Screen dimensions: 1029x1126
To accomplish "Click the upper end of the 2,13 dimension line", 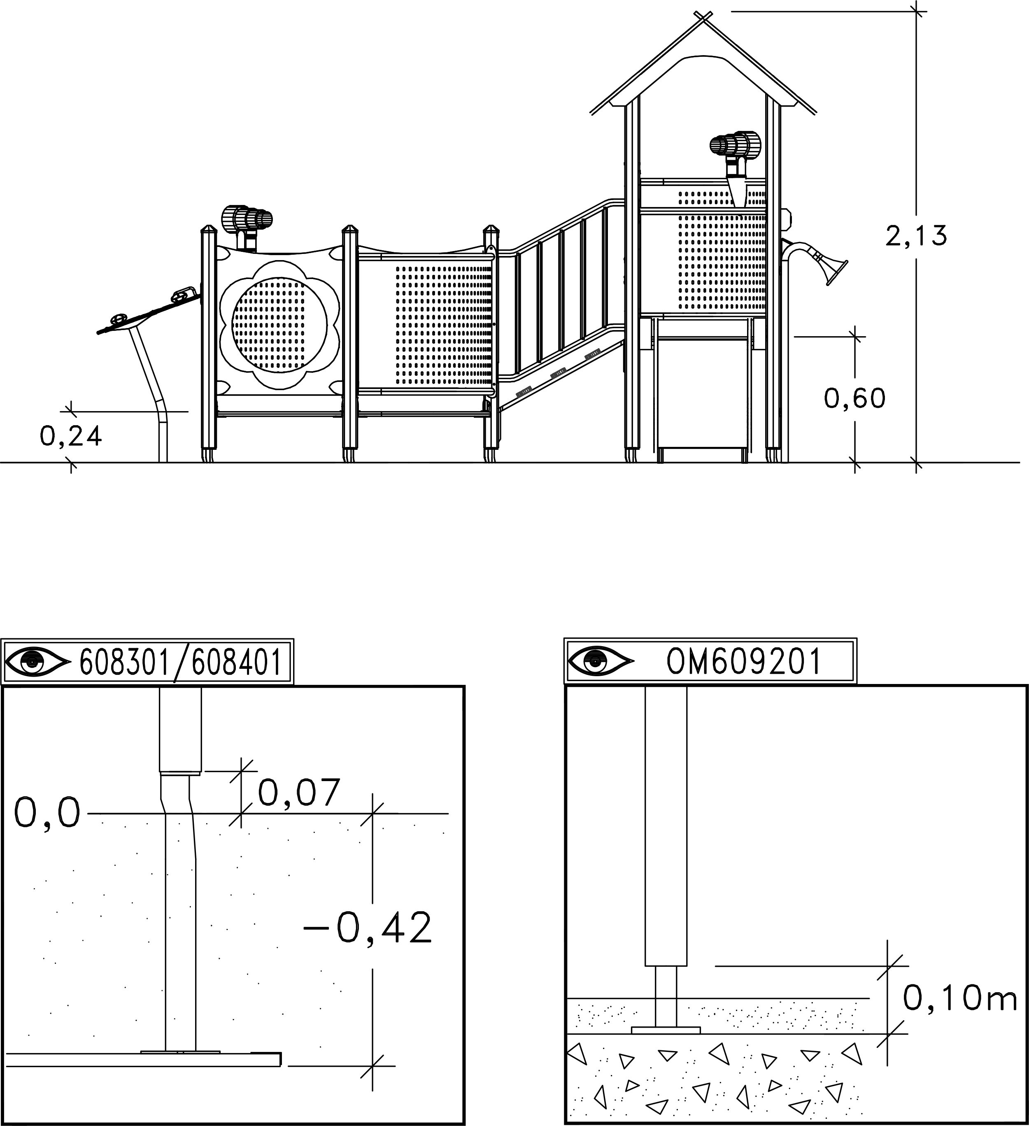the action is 917,11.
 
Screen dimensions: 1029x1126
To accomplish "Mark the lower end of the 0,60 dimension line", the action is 855,463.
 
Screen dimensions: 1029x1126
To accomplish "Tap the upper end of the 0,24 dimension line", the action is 71,411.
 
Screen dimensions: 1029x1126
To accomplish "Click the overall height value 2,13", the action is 916,236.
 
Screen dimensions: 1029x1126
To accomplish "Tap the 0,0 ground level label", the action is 47,813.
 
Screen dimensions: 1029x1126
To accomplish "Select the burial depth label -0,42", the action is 368,928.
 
